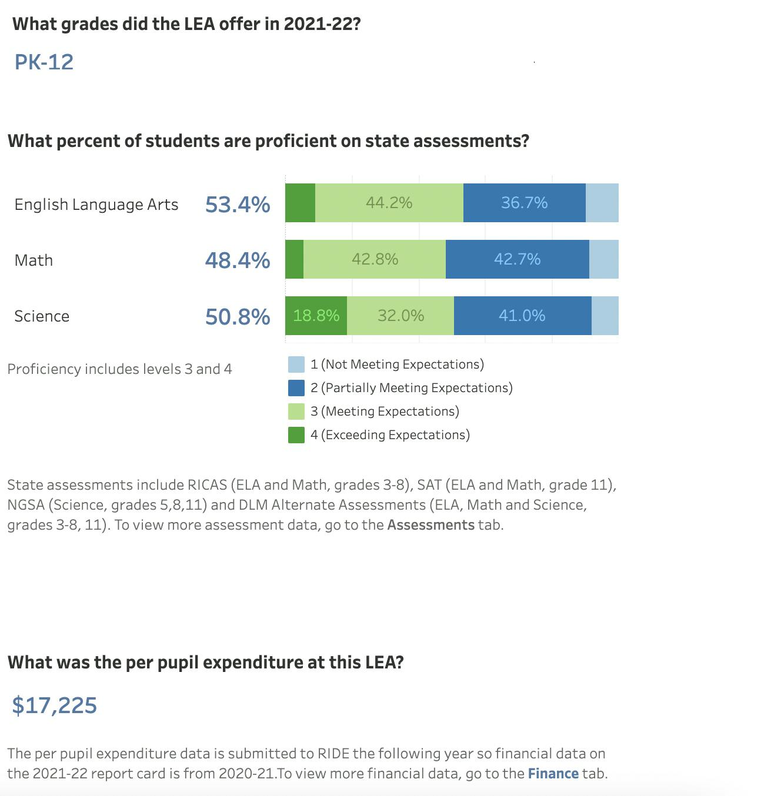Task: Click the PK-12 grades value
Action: [x=44, y=62]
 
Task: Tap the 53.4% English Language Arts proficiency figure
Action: [x=238, y=204]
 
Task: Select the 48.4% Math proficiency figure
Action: [x=238, y=260]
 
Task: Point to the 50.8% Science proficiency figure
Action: [x=238, y=316]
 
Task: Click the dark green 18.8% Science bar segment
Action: [x=316, y=316]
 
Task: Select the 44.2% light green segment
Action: [x=389, y=203]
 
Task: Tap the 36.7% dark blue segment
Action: [x=524, y=203]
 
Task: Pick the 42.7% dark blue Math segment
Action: [x=517, y=259]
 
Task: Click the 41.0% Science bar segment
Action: [x=522, y=316]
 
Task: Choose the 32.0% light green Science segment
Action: [x=400, y=316]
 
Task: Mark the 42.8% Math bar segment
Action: [x=375, y=259]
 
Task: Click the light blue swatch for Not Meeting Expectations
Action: [x=296, y=364]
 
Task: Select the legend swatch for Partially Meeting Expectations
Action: [x=296, y=388]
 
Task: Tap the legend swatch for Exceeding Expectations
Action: [x=296, y=435]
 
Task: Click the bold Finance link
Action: [x=553, y=773]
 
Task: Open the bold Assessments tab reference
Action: [x=430, y=524]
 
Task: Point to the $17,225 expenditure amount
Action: [x=55, y=705]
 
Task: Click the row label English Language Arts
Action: [x=96, y=205]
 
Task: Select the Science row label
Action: [x=42, y=316]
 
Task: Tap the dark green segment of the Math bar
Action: [x=294, y=259]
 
